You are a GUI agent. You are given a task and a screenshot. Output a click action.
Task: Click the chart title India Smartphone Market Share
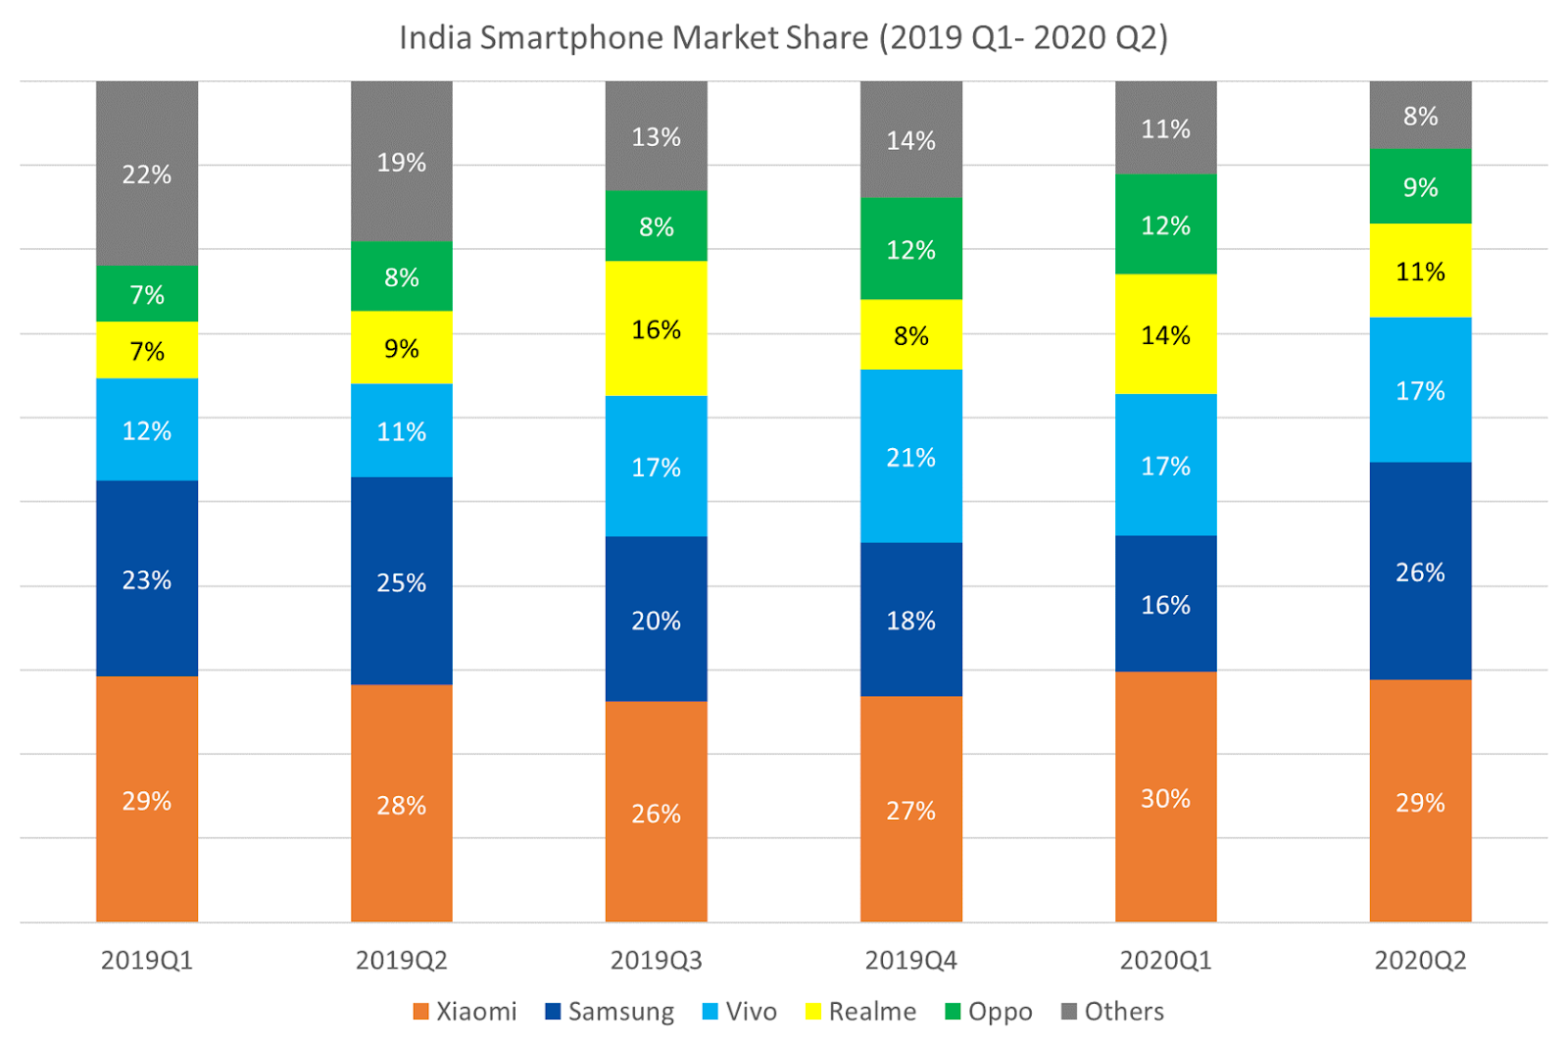coord(783,38)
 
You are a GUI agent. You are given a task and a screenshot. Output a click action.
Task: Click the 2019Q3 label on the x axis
coord(656,961)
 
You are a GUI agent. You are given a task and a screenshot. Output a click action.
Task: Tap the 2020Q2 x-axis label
coord(1420,961)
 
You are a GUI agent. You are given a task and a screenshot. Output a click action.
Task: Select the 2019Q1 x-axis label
coord(147,961)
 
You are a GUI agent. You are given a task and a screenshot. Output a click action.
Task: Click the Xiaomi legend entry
coord(465,1012)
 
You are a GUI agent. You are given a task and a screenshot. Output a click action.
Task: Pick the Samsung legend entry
coord(610,1012)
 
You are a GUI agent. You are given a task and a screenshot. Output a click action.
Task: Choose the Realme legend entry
coord(860,1012)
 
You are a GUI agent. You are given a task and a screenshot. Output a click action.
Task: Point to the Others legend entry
coord(1113,1012)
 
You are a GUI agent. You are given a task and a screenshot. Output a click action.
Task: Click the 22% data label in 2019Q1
coord(147,174)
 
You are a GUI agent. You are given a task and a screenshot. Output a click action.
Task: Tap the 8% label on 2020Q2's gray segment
coord(1420,117)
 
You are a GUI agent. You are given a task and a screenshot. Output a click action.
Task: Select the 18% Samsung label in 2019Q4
coord(910,621)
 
